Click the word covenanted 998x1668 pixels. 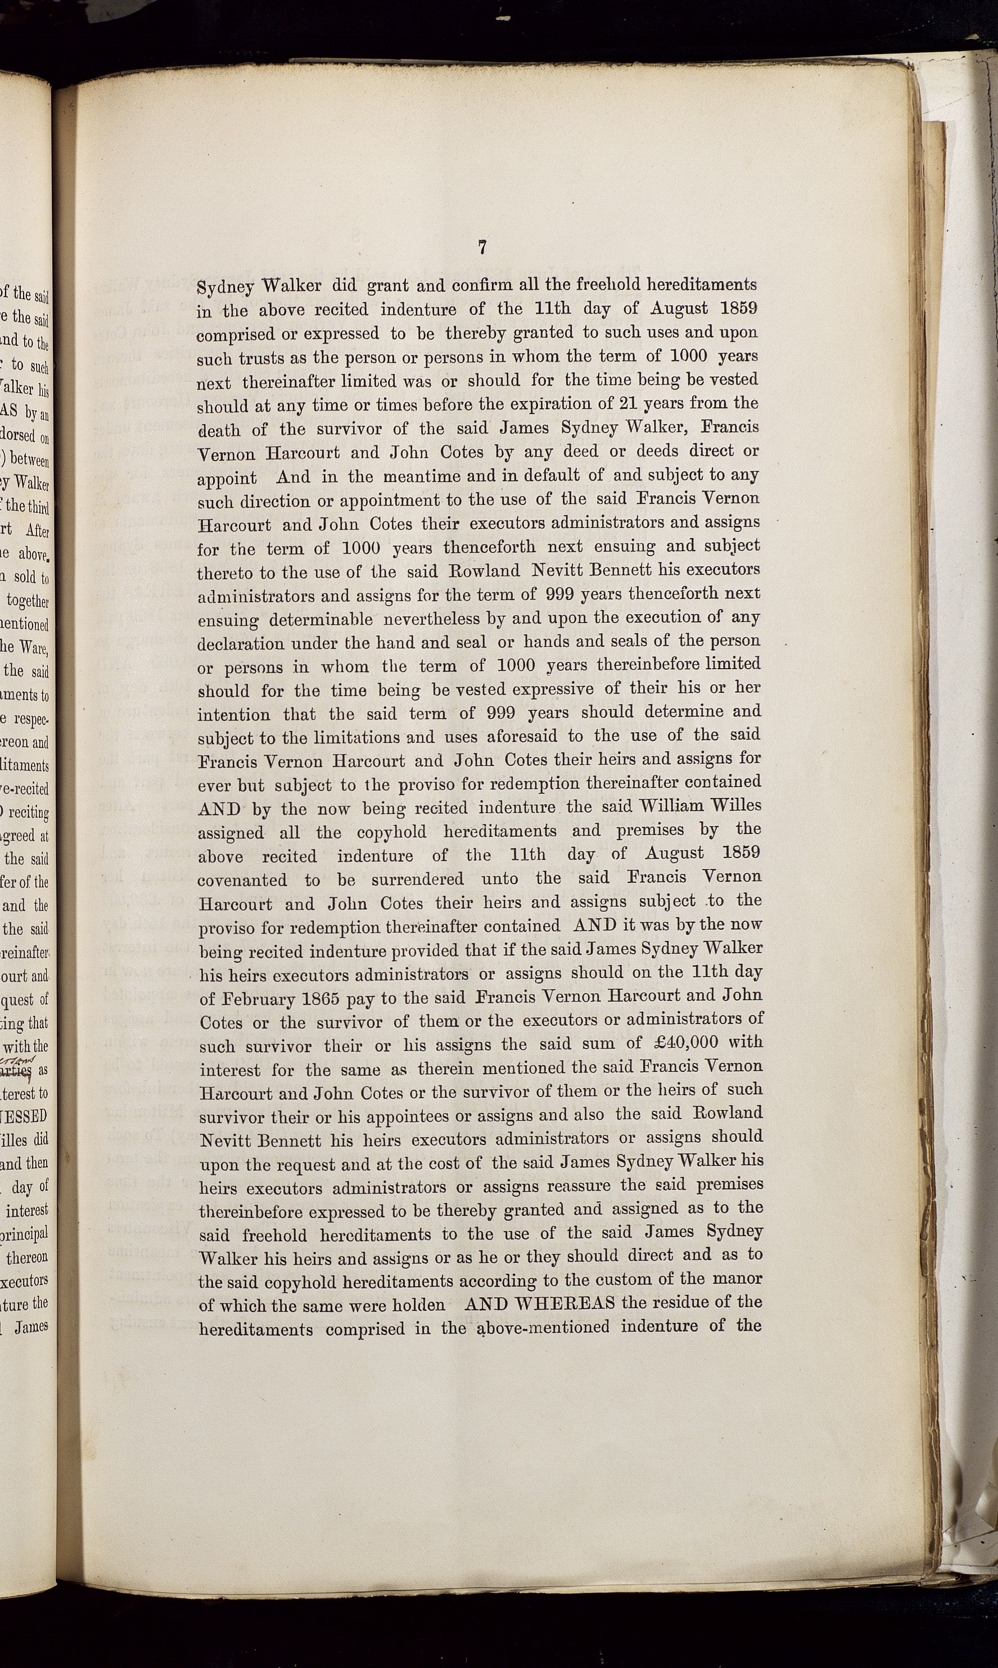243,880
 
